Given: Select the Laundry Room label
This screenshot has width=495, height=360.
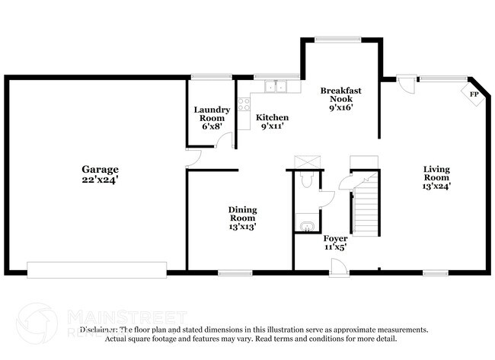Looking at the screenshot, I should point(211,114).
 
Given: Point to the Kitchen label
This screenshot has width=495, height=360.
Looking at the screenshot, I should point(272,117).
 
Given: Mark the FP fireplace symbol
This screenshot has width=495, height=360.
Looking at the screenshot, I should point(474,94).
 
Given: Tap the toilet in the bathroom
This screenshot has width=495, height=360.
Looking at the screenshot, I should point(306,178).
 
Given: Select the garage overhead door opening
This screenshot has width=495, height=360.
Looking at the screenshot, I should point(97,269).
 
